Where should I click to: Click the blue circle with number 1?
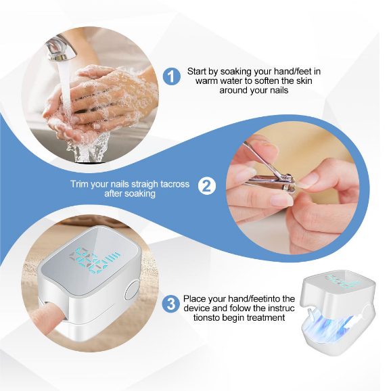click(x=172, y=76)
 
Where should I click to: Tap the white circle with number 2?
click(x=207, y=186)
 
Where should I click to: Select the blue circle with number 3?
click(x=171, y=304)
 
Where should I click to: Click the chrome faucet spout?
click(x=61, y=48)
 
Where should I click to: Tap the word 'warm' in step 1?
click(x=207, y=80)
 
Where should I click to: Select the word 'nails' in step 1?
click(x=279, y=90)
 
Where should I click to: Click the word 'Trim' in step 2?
click(x=79, y=184)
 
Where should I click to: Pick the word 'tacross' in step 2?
click(x=175, y=184)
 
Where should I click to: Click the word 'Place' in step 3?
click(x=195, y=298)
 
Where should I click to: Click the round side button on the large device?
click(x=132, y=290)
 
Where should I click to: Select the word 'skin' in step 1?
click(x=304, y=80)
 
